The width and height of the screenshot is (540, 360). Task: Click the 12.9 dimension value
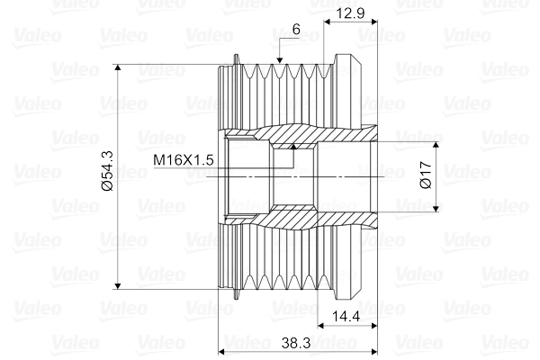[350, 13]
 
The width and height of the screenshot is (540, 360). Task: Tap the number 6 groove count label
[296, 30]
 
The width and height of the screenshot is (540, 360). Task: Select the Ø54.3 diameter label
[107, 171]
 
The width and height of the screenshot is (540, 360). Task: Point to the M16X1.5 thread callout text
[184, 160]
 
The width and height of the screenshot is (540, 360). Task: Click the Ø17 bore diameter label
[426, 175]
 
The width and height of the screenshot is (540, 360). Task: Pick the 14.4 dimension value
[346, 316]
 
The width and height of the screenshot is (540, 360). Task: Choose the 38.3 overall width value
[296, 342]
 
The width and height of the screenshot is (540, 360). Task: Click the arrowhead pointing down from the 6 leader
[280, 60]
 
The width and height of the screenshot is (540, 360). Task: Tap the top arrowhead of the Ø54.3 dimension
[118, 67]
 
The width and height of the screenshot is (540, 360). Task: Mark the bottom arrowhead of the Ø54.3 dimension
[118, 285]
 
